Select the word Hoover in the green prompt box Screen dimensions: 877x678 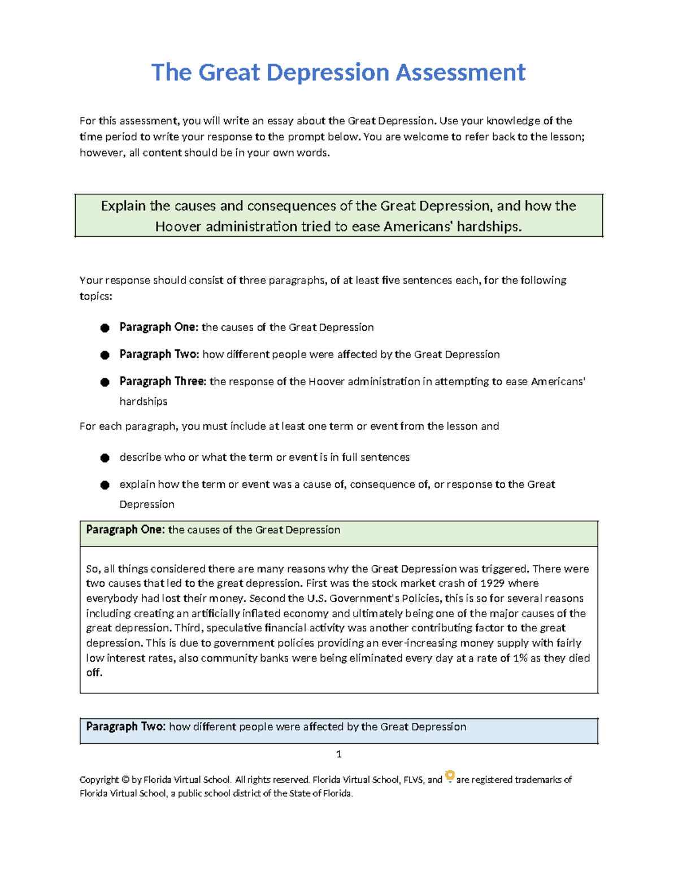[x=179, y=227]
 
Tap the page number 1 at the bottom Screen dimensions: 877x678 [x=338, y=754]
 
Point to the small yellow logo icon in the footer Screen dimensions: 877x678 [x=450, y=776]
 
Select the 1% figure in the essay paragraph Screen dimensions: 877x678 [x=520, y=658]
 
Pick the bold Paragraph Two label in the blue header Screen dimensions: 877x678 [x=125, y=727]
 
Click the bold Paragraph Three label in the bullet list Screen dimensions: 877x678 [x=163, y=382]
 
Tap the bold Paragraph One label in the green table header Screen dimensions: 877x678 [x=125, y=530]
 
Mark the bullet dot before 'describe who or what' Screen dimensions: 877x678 [x=105, y=458]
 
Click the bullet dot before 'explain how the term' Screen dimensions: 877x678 [x=105, y=485]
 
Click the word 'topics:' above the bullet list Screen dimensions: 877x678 [x=95, y=296]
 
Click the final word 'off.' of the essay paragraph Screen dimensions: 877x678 [x=94, y=673]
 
